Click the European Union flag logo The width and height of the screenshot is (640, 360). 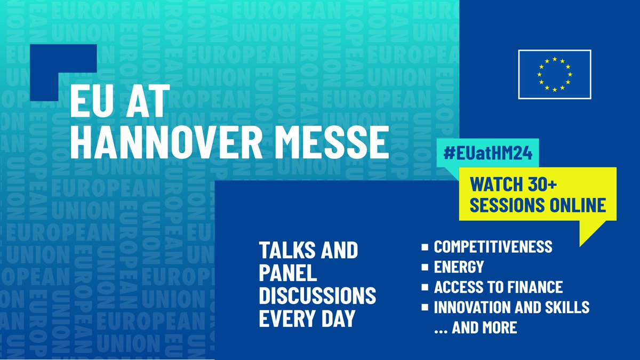click(x=555, y=74)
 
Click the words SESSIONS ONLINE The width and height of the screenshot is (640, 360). click(x=538, y=205)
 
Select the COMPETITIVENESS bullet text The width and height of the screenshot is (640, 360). click(x=493, y=247)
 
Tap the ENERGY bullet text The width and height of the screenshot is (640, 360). click(x=459, y=267)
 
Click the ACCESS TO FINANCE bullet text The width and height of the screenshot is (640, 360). click(x=498, y=287)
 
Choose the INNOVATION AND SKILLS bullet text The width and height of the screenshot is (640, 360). click(x=511, y=307)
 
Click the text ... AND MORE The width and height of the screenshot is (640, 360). click(x=476, y=327)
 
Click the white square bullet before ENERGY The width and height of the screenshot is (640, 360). click(x=425, y=267)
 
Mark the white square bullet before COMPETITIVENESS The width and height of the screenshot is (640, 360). click(x=425, y=247)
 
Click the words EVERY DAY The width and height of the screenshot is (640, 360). click(x=307, y=318)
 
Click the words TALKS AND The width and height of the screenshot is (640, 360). click(x=308, y=250)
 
